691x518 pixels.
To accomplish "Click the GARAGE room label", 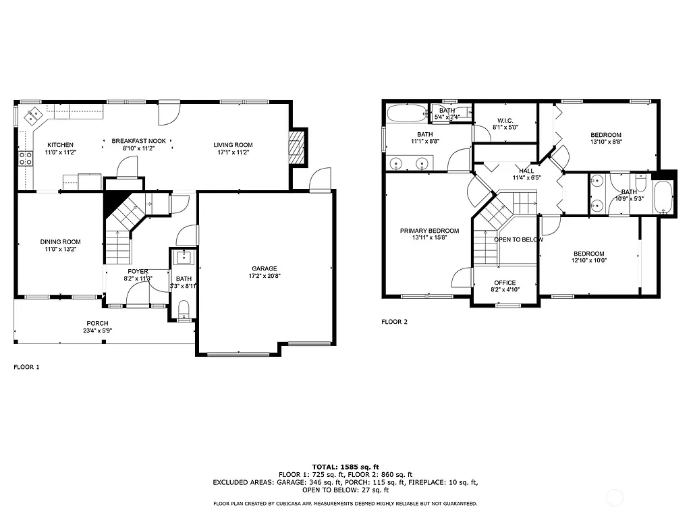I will point(265,268).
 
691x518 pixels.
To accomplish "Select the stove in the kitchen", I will point(25,159).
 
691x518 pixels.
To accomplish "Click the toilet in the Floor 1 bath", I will point(183,308).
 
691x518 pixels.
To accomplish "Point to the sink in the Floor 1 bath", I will point(183,257).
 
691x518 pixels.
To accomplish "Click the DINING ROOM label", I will point(60,242).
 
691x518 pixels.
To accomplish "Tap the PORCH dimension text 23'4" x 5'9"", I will point(97,331).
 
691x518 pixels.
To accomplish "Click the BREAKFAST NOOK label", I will point(138,140).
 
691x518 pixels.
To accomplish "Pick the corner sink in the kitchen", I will point(32,117).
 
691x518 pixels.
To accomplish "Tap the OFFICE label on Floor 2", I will point(505,283).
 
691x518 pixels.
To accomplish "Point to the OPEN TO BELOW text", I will point(519,239).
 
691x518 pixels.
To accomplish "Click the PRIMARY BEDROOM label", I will point(429,231).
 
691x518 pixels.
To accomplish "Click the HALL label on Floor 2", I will point(526,171).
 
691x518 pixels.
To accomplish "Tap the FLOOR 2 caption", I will point(394,322).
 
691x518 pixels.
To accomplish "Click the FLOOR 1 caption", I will point(27,368).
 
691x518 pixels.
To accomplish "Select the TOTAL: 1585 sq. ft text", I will point(345,467).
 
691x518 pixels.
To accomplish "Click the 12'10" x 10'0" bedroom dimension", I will point(589,260).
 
